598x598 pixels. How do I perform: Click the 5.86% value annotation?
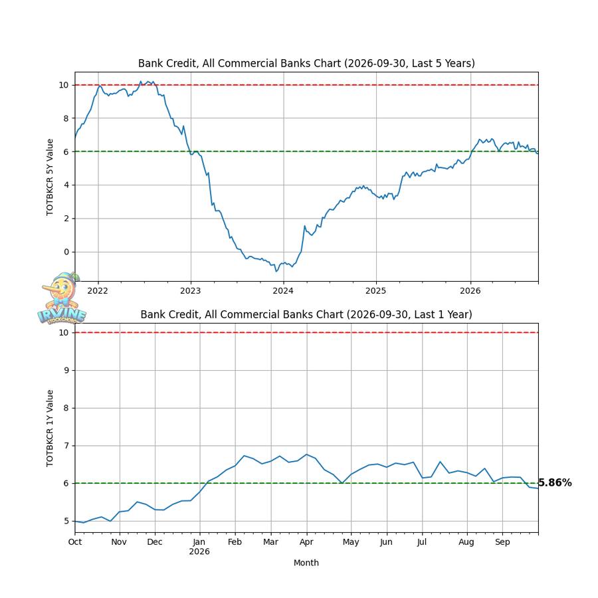[x=555, y=483]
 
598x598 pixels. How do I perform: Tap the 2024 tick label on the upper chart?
[x=283, y=291]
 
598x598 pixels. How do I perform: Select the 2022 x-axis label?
[x=98, y=291]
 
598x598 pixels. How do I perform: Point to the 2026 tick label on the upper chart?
[x=470, y=291]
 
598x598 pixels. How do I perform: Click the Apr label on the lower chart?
[x=306, y=542]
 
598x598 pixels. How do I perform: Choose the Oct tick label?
[x=75, y=542]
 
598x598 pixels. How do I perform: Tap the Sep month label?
[x=502, y=542]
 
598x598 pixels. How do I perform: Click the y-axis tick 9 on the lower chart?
[x=66, y=370]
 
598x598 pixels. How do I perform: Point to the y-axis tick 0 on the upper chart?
[x=66, y=252]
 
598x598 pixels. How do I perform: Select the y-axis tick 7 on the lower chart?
[x=66, y=445]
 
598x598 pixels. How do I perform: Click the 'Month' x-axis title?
[x=306, y=563]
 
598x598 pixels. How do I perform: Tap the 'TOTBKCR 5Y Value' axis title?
[x=50, y=177]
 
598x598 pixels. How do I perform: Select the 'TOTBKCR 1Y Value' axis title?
[x=50, y=428]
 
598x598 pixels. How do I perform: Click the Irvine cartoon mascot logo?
[x=61, y=298]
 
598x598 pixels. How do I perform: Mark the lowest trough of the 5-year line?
[x=276, y=271]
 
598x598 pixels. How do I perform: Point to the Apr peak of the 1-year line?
[x=306, y=454]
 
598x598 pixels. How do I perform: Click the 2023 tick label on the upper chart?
[x=190, y=291]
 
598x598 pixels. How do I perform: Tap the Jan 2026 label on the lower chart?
[x=199, y=547]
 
